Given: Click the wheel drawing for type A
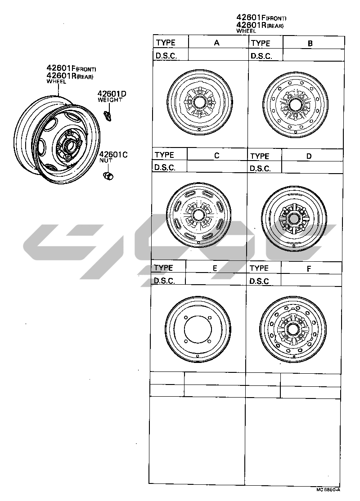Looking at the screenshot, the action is pyautogui.click(x=200, y=102).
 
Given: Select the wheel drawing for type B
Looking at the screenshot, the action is pyautogui.click(x=296, y=105).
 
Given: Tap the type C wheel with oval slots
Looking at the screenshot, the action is pyautogui.click(x=199, y=215).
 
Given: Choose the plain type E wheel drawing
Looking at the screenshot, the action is pyautogui.click(x=198, y=329).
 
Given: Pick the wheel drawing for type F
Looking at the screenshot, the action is pyautogui.click(x=293, y=330).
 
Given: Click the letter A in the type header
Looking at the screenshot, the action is pyautogui.click(x=217, y=42).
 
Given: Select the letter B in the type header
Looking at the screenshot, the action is pyautogui.click(x=310, y=43).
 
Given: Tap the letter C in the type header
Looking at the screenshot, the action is pyautogui.click(x=217, y=155).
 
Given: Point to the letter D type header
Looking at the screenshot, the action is pyautogui.click(x=309, y=156).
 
